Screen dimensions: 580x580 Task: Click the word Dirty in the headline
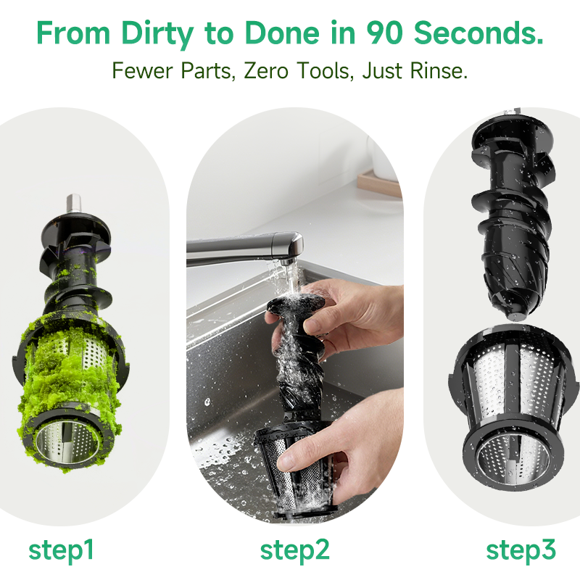157,33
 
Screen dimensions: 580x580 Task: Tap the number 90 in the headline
384,33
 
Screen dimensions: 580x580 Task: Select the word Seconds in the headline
478,33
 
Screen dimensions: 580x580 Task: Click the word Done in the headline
281,33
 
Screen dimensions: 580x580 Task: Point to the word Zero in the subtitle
266,70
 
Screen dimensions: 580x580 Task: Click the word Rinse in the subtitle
439,70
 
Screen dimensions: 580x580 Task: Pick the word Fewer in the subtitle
143,70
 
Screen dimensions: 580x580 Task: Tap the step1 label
61,551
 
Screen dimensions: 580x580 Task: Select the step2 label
294,551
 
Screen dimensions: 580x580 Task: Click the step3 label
521,551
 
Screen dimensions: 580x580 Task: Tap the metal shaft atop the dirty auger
74,204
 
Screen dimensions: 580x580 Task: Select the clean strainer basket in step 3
513,407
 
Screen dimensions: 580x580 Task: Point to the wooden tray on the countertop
379,185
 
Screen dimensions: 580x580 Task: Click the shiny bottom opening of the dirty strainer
68,442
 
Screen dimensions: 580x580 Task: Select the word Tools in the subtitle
323,70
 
